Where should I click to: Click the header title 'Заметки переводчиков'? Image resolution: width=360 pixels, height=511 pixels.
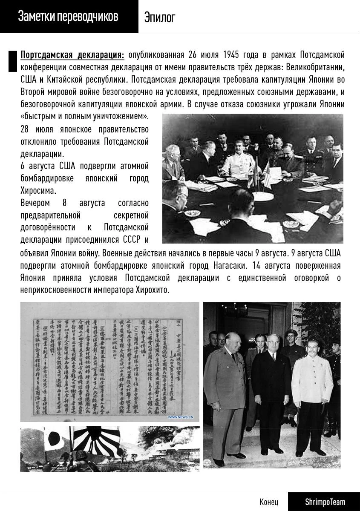[68, 17]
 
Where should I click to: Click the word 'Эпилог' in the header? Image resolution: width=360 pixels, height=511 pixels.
[159, 17]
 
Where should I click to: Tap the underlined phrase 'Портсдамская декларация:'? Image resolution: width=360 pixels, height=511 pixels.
[72, 55]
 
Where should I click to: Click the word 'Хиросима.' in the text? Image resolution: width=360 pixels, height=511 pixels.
[38, 190]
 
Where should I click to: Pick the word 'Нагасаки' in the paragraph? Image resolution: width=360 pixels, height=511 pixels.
[230, 266]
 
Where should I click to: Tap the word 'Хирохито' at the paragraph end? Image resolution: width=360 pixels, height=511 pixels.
[152, 290]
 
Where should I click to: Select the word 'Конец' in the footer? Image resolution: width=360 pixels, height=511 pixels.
[269, 502]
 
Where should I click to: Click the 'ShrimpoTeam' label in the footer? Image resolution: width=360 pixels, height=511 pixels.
[325, 502]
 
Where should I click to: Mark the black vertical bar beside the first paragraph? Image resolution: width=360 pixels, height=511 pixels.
[12, 60]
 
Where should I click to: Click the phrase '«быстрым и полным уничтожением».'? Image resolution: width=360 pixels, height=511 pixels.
[84, 116]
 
